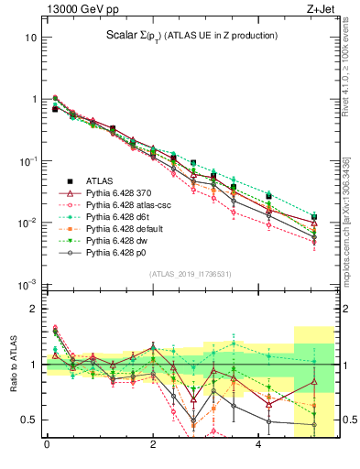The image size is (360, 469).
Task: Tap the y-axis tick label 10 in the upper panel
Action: click(x=31, y=38)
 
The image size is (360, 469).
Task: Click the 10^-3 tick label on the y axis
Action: click(x=27, y=284)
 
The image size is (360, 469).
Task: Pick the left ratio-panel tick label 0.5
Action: click(x=27, y=420)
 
